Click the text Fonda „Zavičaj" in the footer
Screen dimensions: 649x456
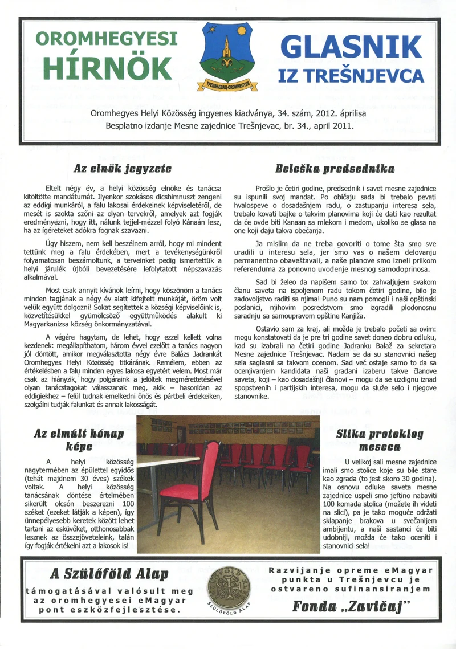(352, 606)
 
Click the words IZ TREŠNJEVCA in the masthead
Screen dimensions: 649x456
(351, 76)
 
